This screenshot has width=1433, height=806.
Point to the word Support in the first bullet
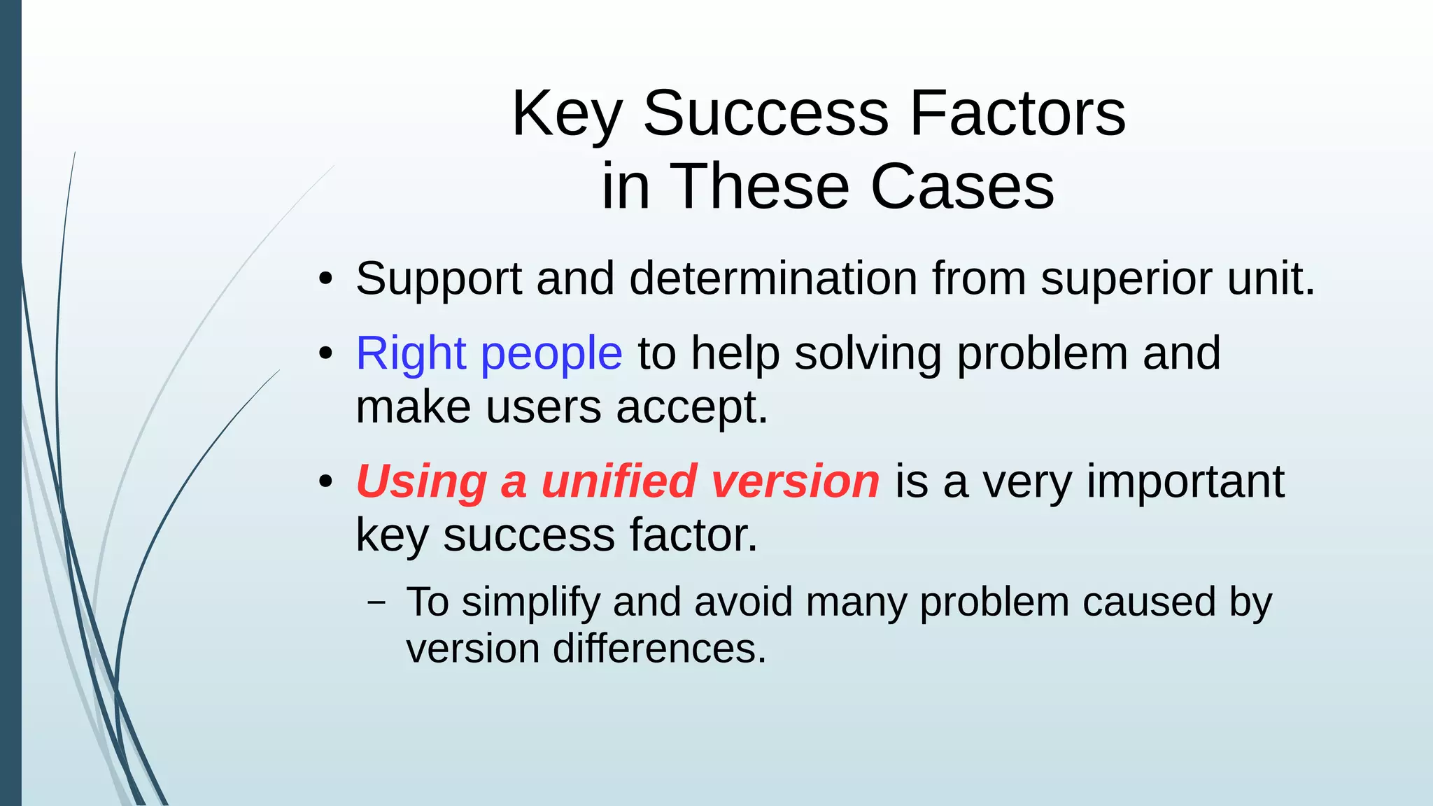tap(438, 278)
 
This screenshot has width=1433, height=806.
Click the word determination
tap(772, 278)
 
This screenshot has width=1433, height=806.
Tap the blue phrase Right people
tap(488, 353)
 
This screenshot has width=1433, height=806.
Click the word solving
tap(868, 353)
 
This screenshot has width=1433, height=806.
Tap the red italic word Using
tap(421, 481)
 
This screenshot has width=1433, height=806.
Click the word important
tap(1185, 481)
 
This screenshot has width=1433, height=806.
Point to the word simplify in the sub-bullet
tap(530, 602)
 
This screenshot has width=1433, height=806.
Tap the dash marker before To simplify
tap(376, 602)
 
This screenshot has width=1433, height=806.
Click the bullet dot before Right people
tap(325, 354)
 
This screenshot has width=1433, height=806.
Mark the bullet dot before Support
tap(325, 280)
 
